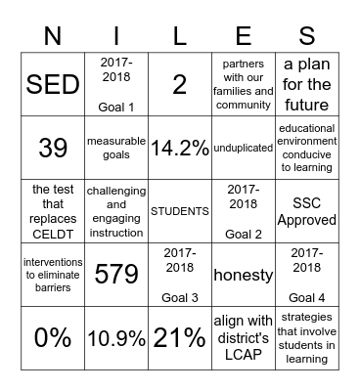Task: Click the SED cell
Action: pyautogui.click(x=52, y=84)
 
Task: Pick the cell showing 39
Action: pyautogui.click(x=52, y=149)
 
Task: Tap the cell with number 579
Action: pyautogui.click(x=115, y=275)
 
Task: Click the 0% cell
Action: pyautogui.click(x=52, y=338)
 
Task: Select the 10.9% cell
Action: pyautogui.click(x=115, y=338)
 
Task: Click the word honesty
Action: pyautogui.click(x=243, y=275)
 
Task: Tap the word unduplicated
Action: pyautogui.click(x=243, y=149)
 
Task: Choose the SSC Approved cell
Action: pyautogui.click(x=306, y=211)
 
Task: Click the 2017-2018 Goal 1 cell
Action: pyautogui.click(x=115, y=84)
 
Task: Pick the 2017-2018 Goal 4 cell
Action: pyautogui.click(x=306, y=275)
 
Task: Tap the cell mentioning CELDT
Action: pyautogui.click(x=52, y=211)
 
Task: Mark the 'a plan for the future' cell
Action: pyautogui.click(x=306, y=84)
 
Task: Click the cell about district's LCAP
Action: pyautogui.click(x=243, y=338)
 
